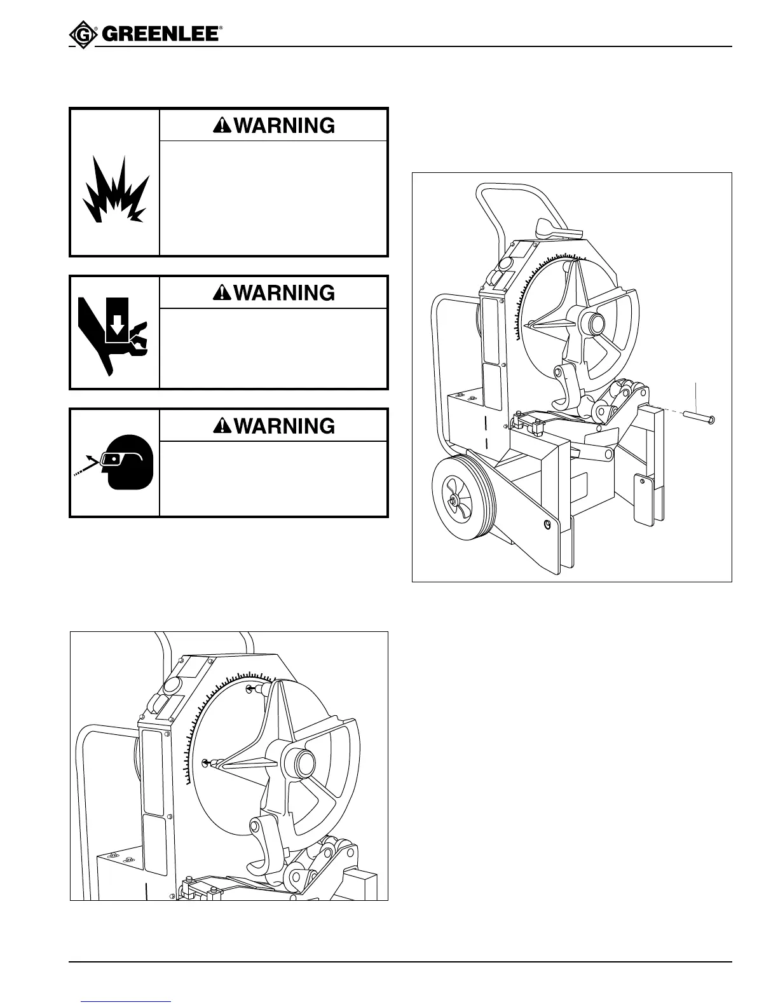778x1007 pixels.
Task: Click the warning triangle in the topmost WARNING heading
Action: (x=222, y=126)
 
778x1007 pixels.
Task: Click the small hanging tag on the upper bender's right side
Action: (x=643, y=502)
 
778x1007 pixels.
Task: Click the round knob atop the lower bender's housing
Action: (x=172, y=685)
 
